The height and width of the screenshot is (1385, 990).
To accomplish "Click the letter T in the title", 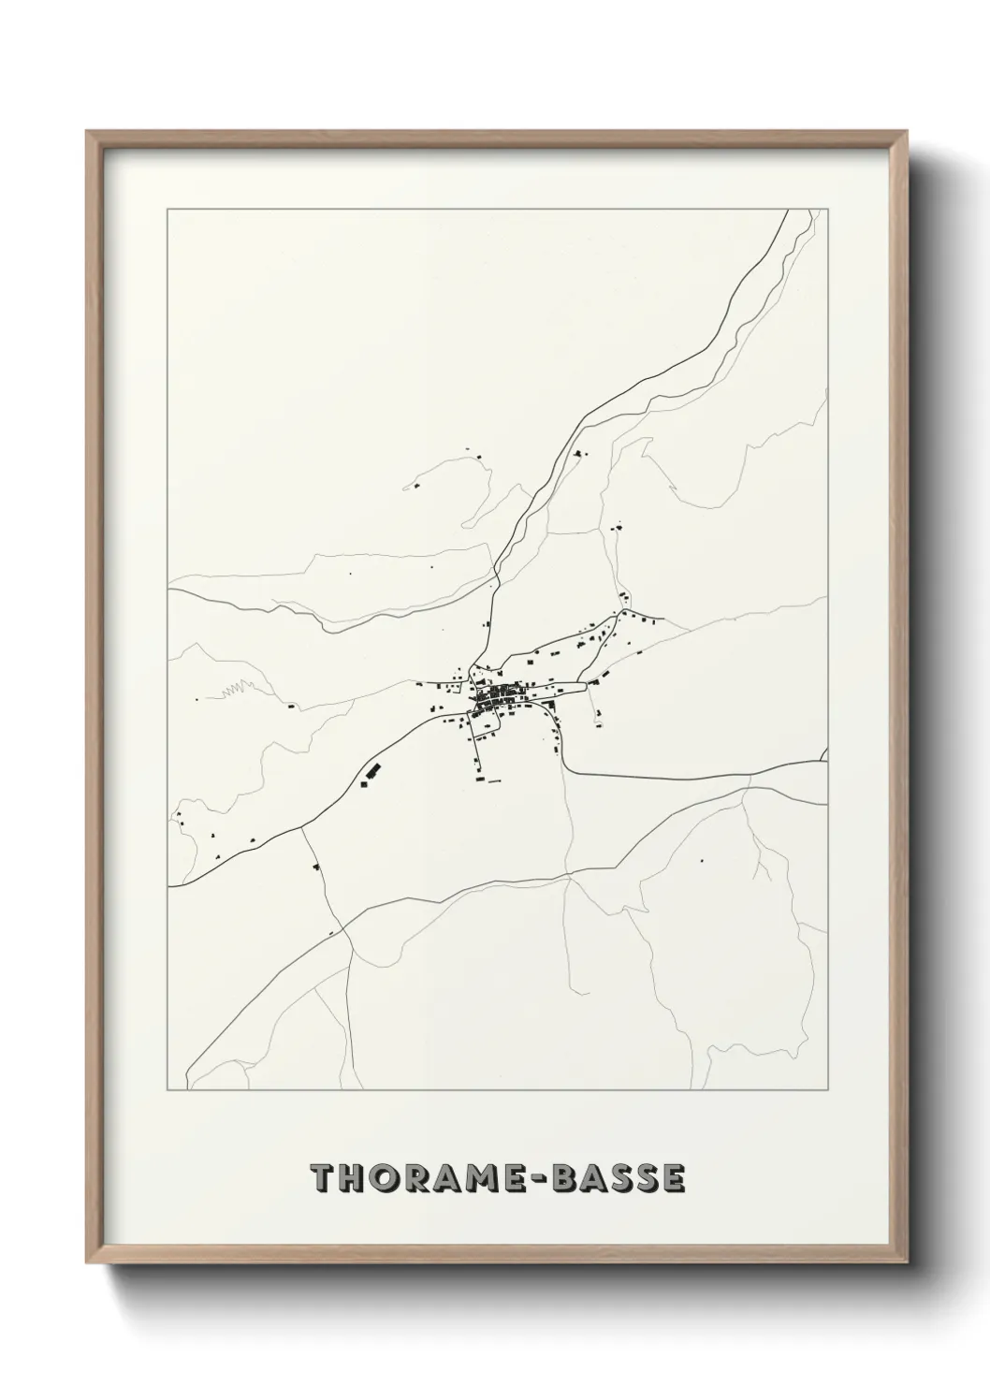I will pos(324,1179).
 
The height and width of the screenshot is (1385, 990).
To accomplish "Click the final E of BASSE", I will pos(674,1179).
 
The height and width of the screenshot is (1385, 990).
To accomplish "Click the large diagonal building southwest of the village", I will pos(372,772).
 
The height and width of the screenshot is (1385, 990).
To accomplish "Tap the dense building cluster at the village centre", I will pos(492,698).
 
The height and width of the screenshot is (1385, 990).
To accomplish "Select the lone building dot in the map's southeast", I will pos(700,860).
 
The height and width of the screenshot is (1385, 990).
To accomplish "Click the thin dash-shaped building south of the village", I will pos(490,779).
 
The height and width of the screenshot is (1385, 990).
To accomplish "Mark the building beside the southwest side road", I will pos(316,867).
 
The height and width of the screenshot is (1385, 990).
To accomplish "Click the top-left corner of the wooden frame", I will pos(88,132).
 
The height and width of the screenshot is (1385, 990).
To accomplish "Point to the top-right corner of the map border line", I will pos(828,210).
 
